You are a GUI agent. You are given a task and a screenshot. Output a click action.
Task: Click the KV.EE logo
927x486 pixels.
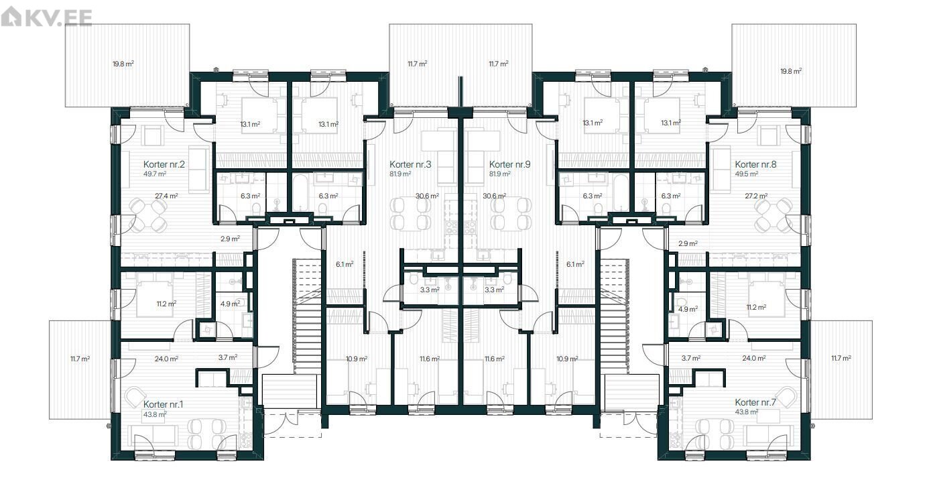click(46, 17)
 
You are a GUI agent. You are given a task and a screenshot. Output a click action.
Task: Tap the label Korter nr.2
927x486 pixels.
click(164, 164)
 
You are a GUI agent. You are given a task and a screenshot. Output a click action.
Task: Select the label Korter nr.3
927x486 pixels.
click(410, 164)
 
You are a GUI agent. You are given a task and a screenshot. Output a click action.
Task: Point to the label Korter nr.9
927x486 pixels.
click(509, 164)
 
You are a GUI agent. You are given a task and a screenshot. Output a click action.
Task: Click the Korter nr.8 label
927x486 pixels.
click(755, 164)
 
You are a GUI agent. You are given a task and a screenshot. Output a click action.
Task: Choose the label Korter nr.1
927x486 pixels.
click(163, 404)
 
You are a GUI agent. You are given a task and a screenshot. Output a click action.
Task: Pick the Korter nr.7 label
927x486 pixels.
click(755, 402)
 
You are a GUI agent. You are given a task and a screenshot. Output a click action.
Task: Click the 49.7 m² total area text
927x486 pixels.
click(155, 174)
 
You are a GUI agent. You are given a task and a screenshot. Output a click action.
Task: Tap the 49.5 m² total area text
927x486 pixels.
click(747, 174)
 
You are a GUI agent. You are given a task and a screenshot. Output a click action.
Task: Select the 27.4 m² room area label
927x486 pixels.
click(166, 196)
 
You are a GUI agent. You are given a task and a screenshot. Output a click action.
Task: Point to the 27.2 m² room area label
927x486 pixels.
click(756, 196)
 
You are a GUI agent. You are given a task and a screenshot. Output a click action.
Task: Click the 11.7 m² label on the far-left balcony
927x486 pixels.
click(80, 359)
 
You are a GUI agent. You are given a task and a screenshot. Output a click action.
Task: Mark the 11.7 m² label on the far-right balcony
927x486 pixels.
click(841, 358)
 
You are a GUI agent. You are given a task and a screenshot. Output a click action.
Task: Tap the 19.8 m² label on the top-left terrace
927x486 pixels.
click(123, 64)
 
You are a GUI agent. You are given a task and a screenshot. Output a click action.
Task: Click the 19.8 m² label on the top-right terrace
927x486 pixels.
click(791, 71)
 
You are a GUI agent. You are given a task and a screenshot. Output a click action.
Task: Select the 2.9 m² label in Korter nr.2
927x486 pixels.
click(230, 239)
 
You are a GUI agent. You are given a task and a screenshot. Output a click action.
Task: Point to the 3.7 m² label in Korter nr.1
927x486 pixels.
click(228, 357)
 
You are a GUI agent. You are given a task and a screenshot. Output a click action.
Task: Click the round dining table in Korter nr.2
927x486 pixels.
click(147, 215)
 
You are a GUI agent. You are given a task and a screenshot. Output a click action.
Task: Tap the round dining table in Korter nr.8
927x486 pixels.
click(774, 215)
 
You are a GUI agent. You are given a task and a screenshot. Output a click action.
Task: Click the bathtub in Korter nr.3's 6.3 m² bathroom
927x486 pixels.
click(299, 193)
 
